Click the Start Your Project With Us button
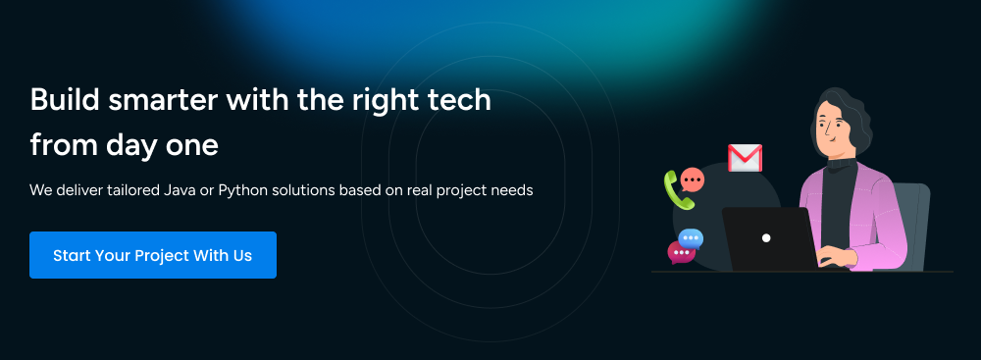point(153,255)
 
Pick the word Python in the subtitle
point(240,190)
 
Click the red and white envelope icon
point(745,158)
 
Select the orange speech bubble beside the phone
point(692,180)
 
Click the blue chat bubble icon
point(691,238)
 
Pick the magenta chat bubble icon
point(680,252)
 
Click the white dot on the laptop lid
point(766,238)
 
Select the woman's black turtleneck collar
point(842,164)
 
